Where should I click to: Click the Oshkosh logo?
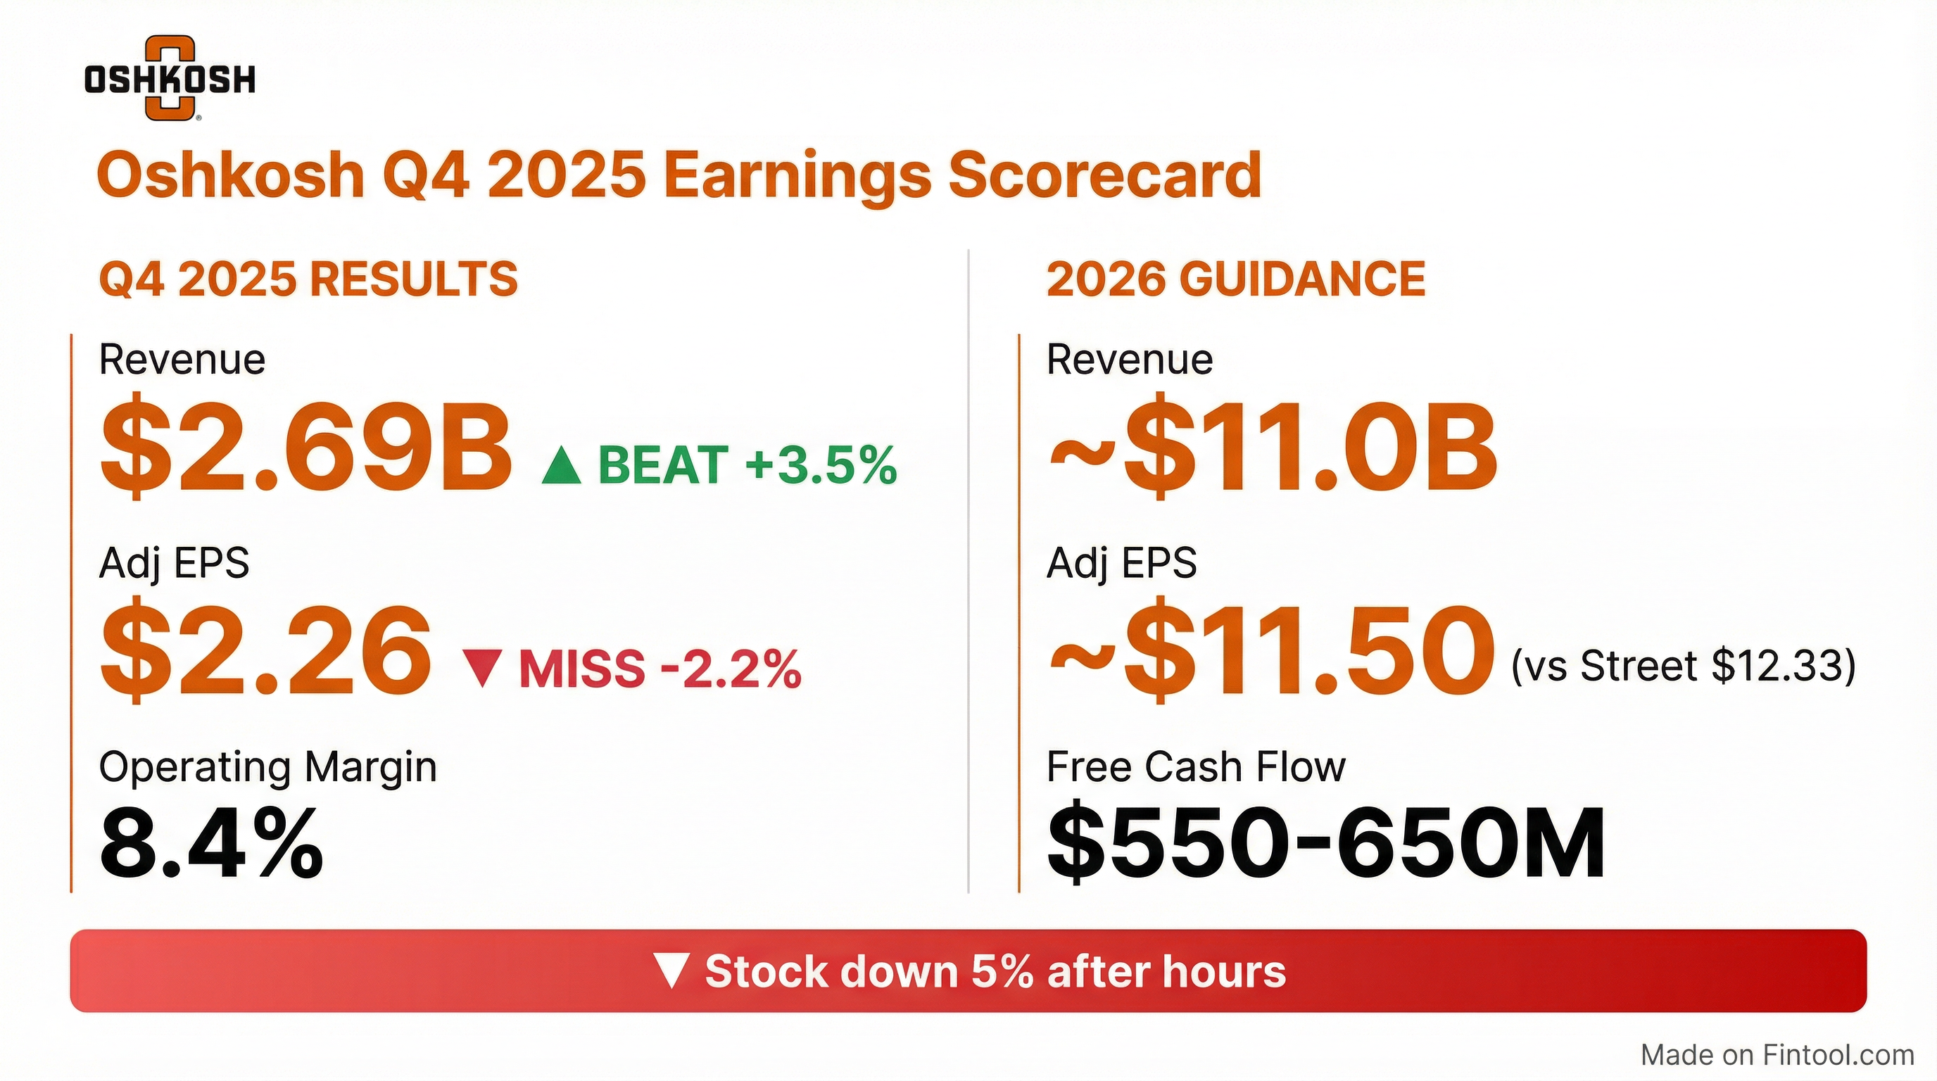click(170, 78)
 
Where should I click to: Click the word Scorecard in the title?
click(1104, 175)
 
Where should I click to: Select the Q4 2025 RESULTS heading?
click(308, 279)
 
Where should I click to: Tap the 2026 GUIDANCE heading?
click(1235, 279)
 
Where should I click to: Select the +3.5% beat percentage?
click(821, 464)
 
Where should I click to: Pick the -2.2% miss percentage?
click(731, 669)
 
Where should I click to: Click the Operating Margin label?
click(267, 769)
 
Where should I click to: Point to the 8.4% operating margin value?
click(211, 842)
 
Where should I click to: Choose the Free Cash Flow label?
click(1196, 767)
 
